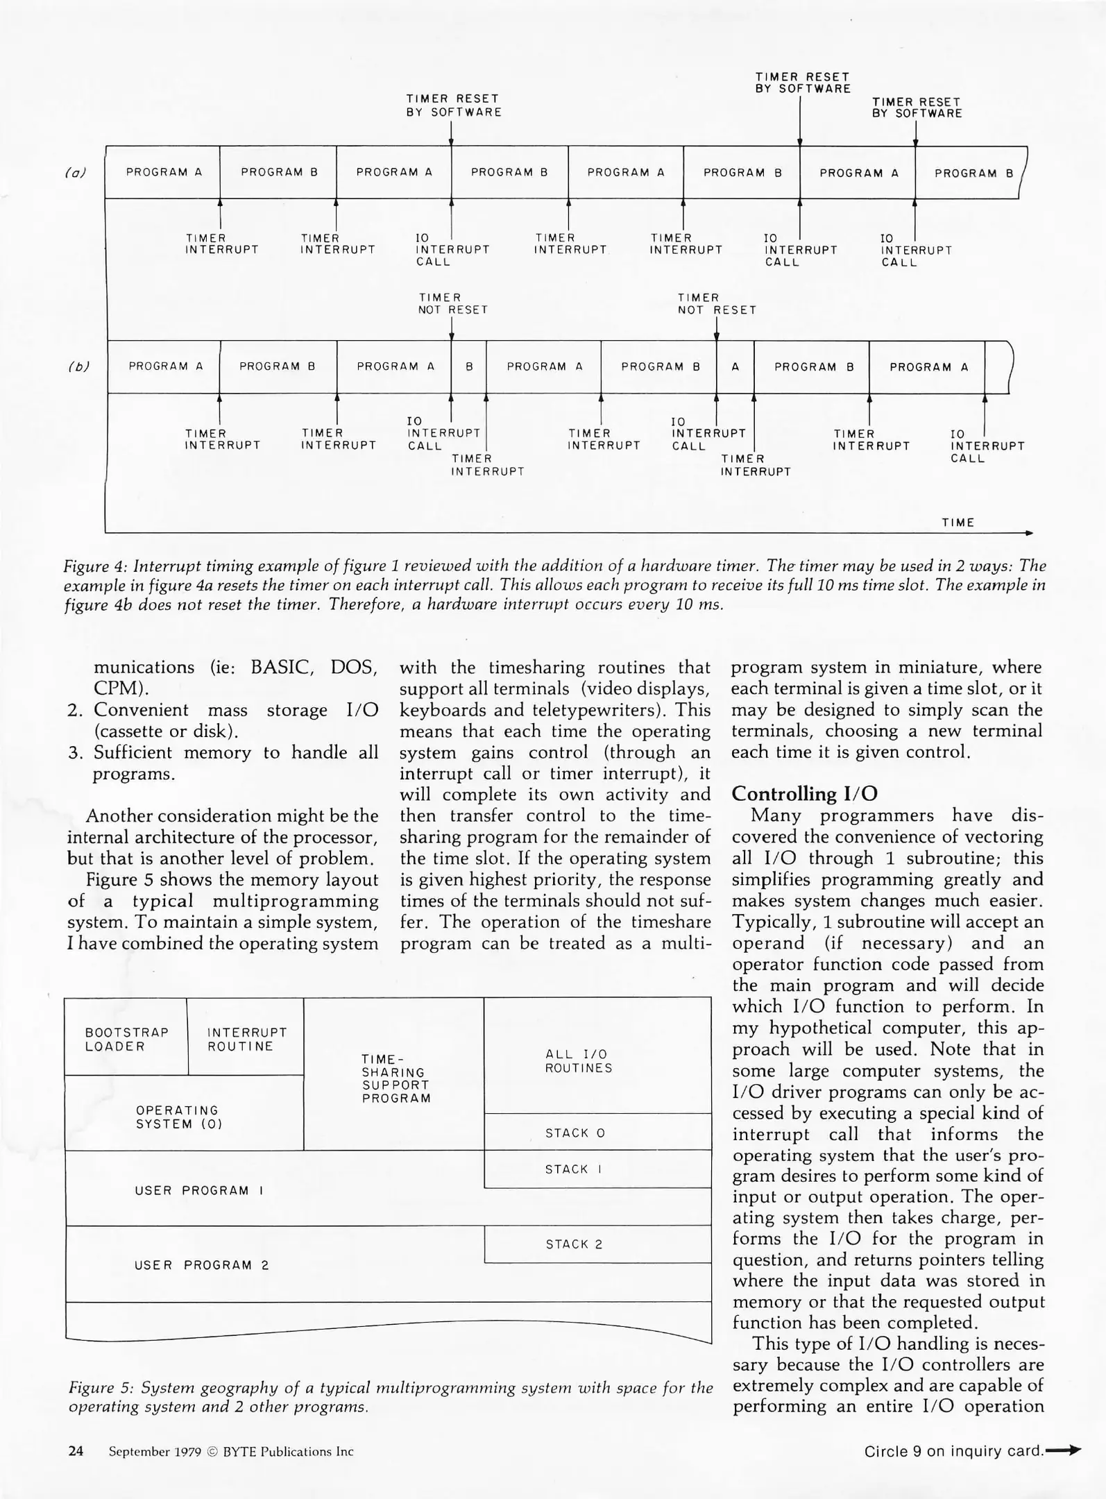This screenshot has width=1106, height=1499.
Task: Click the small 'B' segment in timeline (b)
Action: pos(469,366)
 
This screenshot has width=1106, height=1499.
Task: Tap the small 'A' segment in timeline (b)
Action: pos(735,367)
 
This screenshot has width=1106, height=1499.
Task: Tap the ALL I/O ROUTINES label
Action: pos(579,1061)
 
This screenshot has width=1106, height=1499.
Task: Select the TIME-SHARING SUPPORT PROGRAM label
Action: pos(395,1078)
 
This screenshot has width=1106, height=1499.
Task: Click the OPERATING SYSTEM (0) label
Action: pos(178,1117)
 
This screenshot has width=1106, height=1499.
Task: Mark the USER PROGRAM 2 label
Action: pos(201,1265)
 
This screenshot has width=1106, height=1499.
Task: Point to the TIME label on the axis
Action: pos(958,523)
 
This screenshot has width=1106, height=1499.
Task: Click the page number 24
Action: pos(76,1451)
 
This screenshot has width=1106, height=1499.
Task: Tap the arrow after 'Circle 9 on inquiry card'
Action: pos(1063,1450)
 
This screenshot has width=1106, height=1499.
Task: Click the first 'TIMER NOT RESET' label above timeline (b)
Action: pos(452,304)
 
